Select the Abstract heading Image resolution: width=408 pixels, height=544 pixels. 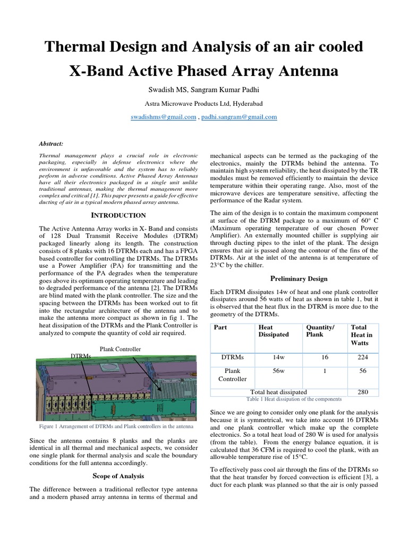pyautogui.click(x=52, y=143)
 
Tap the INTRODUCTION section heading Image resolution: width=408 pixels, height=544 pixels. pyautogui.click(x=118, y=215)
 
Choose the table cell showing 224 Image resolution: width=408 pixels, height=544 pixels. pyautogui.click(x=363, y=358)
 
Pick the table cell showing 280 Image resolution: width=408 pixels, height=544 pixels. pyautogui.click(x=363, y=392)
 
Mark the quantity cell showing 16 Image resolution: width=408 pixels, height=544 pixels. pyautogui.click(x=325, y=358)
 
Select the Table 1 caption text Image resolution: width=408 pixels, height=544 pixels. pyautogui.click(x=294, y=399)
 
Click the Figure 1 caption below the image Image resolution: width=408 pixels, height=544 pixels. pyautogui.click(x=115, y=427)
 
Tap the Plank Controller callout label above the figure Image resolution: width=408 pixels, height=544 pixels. pyautogui.click(x=120, y=349)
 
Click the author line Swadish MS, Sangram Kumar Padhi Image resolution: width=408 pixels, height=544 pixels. pyautogui.click(x=204, y=88)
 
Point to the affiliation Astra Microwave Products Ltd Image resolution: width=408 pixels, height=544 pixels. pyautogui.click(x=204, y=103)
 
